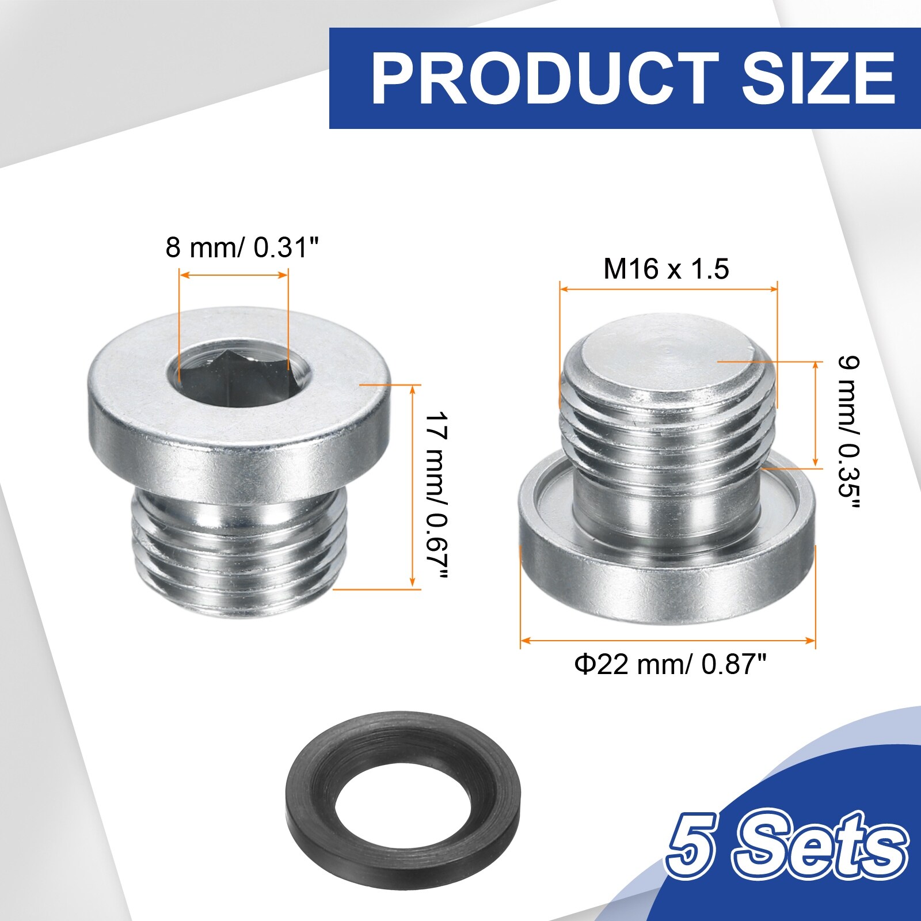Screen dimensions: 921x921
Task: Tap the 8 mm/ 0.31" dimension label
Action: (x=242, y=248)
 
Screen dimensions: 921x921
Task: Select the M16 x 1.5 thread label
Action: (x=667, y=268)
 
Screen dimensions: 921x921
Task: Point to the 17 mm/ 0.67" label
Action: (x=435, y=496)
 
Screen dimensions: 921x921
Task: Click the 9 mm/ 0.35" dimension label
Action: (x=848, y=433)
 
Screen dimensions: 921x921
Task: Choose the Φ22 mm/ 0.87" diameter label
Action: (x=671, y=665)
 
